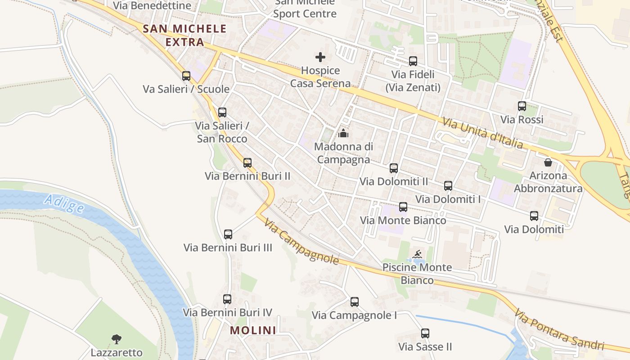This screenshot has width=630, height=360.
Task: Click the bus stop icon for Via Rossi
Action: pos(522,107)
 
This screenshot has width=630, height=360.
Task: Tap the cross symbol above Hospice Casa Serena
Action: pos(320,57)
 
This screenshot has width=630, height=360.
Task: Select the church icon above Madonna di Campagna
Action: pos(343,133)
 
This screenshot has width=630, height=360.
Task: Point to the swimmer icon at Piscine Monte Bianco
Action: pos(418,254)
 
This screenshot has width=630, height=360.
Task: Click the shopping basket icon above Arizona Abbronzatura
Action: pos(548,162)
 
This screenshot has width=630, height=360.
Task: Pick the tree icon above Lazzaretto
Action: pos(117,339)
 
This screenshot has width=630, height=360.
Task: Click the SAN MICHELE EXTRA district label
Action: pos(184,36)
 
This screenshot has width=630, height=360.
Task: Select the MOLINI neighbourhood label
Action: pos(253,330)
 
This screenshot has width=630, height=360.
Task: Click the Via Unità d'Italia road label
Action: pos(483,133)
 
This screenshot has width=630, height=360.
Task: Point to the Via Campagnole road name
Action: pos(301,242)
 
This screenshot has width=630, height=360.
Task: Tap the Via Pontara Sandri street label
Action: pos(559,329)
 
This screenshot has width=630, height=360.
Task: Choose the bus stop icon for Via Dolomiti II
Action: pos(394,168)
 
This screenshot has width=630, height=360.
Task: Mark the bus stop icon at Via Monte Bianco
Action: pos(403,207)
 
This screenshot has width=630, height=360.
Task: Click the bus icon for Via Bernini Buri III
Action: pos(228,234)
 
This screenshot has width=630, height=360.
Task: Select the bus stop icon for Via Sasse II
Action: pos(425,333)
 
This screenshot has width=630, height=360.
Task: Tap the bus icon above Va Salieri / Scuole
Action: pos(186,76)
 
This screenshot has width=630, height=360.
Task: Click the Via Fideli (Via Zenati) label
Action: pos(413,81)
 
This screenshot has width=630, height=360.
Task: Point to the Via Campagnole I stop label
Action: pos(354,315)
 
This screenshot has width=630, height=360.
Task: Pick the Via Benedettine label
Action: pos(152,6)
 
